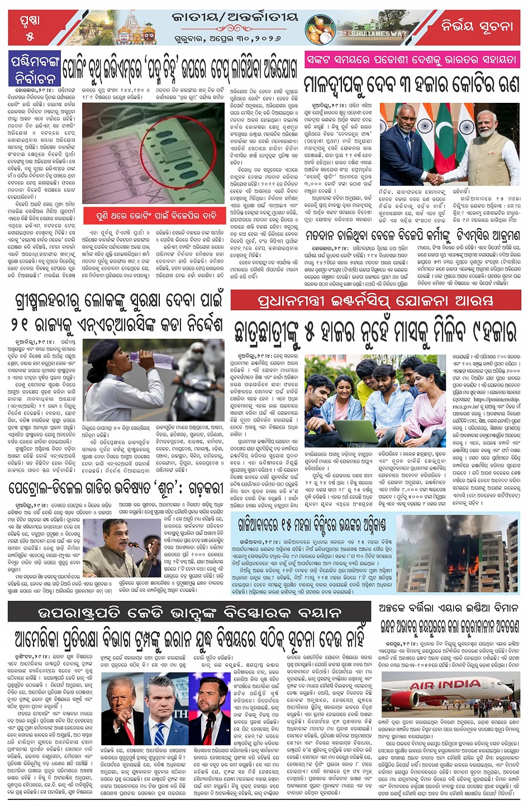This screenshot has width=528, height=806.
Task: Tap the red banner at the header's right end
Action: (476, 26)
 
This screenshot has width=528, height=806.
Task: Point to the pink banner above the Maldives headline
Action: (411, 59)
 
